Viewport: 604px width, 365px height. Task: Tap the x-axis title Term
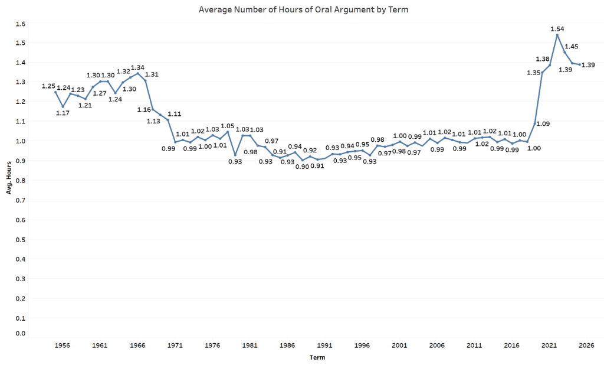[317, 357]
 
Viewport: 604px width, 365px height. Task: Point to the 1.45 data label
[572, 46]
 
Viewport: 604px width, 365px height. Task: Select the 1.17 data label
[63, 113]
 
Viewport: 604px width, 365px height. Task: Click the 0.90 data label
[303, 166]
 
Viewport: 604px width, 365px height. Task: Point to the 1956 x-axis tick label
[63, 346]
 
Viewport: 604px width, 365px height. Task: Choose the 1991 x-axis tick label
[324, 346]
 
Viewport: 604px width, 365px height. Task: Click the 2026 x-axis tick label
[586, 346]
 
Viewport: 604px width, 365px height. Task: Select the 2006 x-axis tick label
[437, 346]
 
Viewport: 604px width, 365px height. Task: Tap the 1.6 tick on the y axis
[21, 24]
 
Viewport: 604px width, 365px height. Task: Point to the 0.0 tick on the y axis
[21, 334]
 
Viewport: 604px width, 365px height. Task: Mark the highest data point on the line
[557, 35]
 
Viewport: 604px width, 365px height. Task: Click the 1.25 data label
[48, 86]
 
